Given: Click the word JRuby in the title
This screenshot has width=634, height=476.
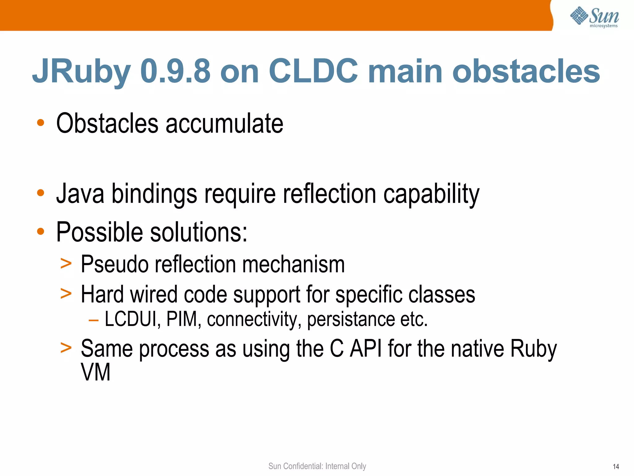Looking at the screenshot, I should pos(81,72).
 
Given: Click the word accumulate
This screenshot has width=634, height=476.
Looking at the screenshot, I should pos(224,124).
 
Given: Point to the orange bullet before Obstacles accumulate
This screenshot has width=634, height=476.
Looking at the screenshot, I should pos(41,123).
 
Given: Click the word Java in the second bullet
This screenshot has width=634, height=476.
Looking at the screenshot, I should pos(80,194).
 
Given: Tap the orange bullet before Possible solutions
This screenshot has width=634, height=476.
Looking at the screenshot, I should pos(41,231).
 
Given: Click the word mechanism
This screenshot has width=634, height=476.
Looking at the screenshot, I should pos(293,264).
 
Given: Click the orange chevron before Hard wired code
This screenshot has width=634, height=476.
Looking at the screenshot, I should pos(66,293).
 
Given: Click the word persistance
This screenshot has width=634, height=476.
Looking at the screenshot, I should pos(351,319).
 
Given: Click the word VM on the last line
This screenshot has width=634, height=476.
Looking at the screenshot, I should pos(95,372).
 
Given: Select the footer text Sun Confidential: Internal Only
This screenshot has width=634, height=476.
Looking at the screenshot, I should pos(317,466).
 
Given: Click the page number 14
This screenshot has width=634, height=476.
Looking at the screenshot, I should pos(616,467).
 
